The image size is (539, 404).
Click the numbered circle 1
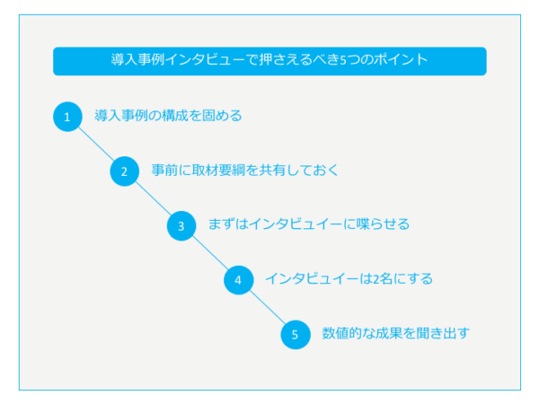pyautogui.click(x=67, y=117)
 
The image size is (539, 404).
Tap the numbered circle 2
pyautogui.click(x=125, y=171)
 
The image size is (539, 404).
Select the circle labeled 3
pyautogui.click(x=181, y=225)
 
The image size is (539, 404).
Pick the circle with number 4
pyautogui.click(x=239, y=280)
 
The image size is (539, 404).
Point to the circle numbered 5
pyautogui.click(x=296, y=335)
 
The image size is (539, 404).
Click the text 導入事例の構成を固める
pyautogui.click(x=168, y=116)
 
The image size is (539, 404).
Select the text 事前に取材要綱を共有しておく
pyautogui.click(x=244, y=170)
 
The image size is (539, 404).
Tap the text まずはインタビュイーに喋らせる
pyautogui.click(x=309, y=224)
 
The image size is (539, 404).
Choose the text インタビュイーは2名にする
pyautogui.click(x=349, y=278)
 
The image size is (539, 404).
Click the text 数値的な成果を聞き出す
pyautogui.click(x=395, y=333)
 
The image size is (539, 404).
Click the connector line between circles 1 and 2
pyautogui.click(x=96, y=144)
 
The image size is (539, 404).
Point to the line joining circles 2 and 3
pyautogui.click(x=153, y=198)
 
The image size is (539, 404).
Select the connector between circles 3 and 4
pyautogui.click(x=210, y=253)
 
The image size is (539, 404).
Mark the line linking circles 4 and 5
pyautogui.click(x=267, y=307)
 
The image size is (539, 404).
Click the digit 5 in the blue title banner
pyautogui.click(x=343, y=60)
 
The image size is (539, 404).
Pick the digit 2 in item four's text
pyautogui.click(x=376, y=279)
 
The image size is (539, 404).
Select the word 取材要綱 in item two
pyautogui.click(x=218, y=170)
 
